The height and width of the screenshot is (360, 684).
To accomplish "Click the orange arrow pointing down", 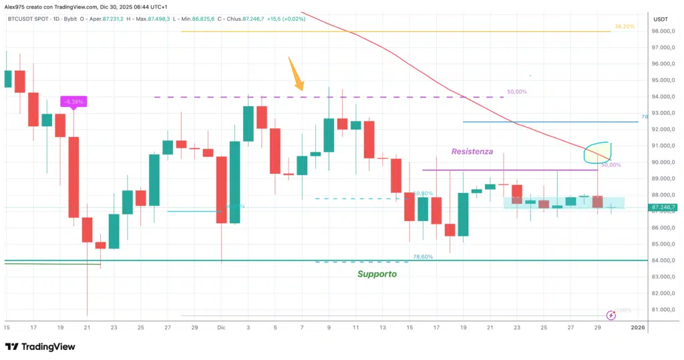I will click(296, 75).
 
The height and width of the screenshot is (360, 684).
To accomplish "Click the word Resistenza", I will click(472, 152).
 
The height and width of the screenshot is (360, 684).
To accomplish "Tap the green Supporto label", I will click(377, 274).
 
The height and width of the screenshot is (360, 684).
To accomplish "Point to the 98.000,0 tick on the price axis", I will click(663, 31).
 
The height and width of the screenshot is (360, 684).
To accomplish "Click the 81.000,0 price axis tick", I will click(663, 310).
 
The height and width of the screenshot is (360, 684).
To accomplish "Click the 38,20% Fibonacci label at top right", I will click(624, 26).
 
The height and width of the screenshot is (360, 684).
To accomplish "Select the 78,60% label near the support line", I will click(423, 256).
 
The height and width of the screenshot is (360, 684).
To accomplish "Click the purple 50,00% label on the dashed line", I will click(517, 92).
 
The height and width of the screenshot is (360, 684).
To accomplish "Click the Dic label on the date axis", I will click(221, 328).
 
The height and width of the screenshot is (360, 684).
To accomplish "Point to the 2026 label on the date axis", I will click(639, 328).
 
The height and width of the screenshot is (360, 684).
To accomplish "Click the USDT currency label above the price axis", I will click(661, 19).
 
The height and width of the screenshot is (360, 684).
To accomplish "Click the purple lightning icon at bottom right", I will click(611, 315).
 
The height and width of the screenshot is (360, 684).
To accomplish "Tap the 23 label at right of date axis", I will click(516, 328).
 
